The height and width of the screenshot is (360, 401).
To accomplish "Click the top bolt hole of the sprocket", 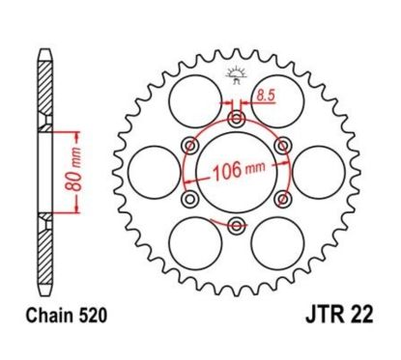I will click(236, 119).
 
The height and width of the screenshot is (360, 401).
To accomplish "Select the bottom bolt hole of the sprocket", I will click(236, 226).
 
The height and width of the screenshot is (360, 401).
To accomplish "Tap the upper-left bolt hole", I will click(189, 145).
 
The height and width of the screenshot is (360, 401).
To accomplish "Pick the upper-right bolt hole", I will click(282, 145).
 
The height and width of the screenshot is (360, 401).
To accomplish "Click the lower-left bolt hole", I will click(189, 199).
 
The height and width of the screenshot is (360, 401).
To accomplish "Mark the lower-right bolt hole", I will click(282, 199).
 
